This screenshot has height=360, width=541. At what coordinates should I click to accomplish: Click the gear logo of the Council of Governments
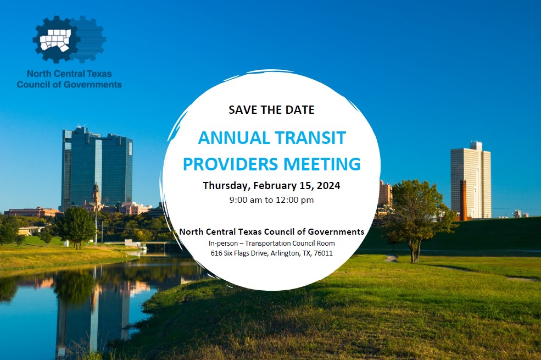pyautogui.click(x=69, y=39)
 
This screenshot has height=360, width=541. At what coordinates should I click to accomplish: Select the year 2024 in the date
pyautogui.click(x=328, y=186)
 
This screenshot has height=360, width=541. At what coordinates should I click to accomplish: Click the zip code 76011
pyautogui.click(x=324, y=253)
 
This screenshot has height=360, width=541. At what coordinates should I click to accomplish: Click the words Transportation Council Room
pyautogui.click(x=290, y=243)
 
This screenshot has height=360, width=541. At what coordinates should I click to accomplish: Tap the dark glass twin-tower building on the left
pyautogui.click(x=97, y=168)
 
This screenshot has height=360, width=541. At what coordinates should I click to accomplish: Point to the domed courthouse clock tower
pyautogui.click(x=96, y=195)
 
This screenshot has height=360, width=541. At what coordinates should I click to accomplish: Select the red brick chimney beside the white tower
pyautogui.click(x=463, y=200)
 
